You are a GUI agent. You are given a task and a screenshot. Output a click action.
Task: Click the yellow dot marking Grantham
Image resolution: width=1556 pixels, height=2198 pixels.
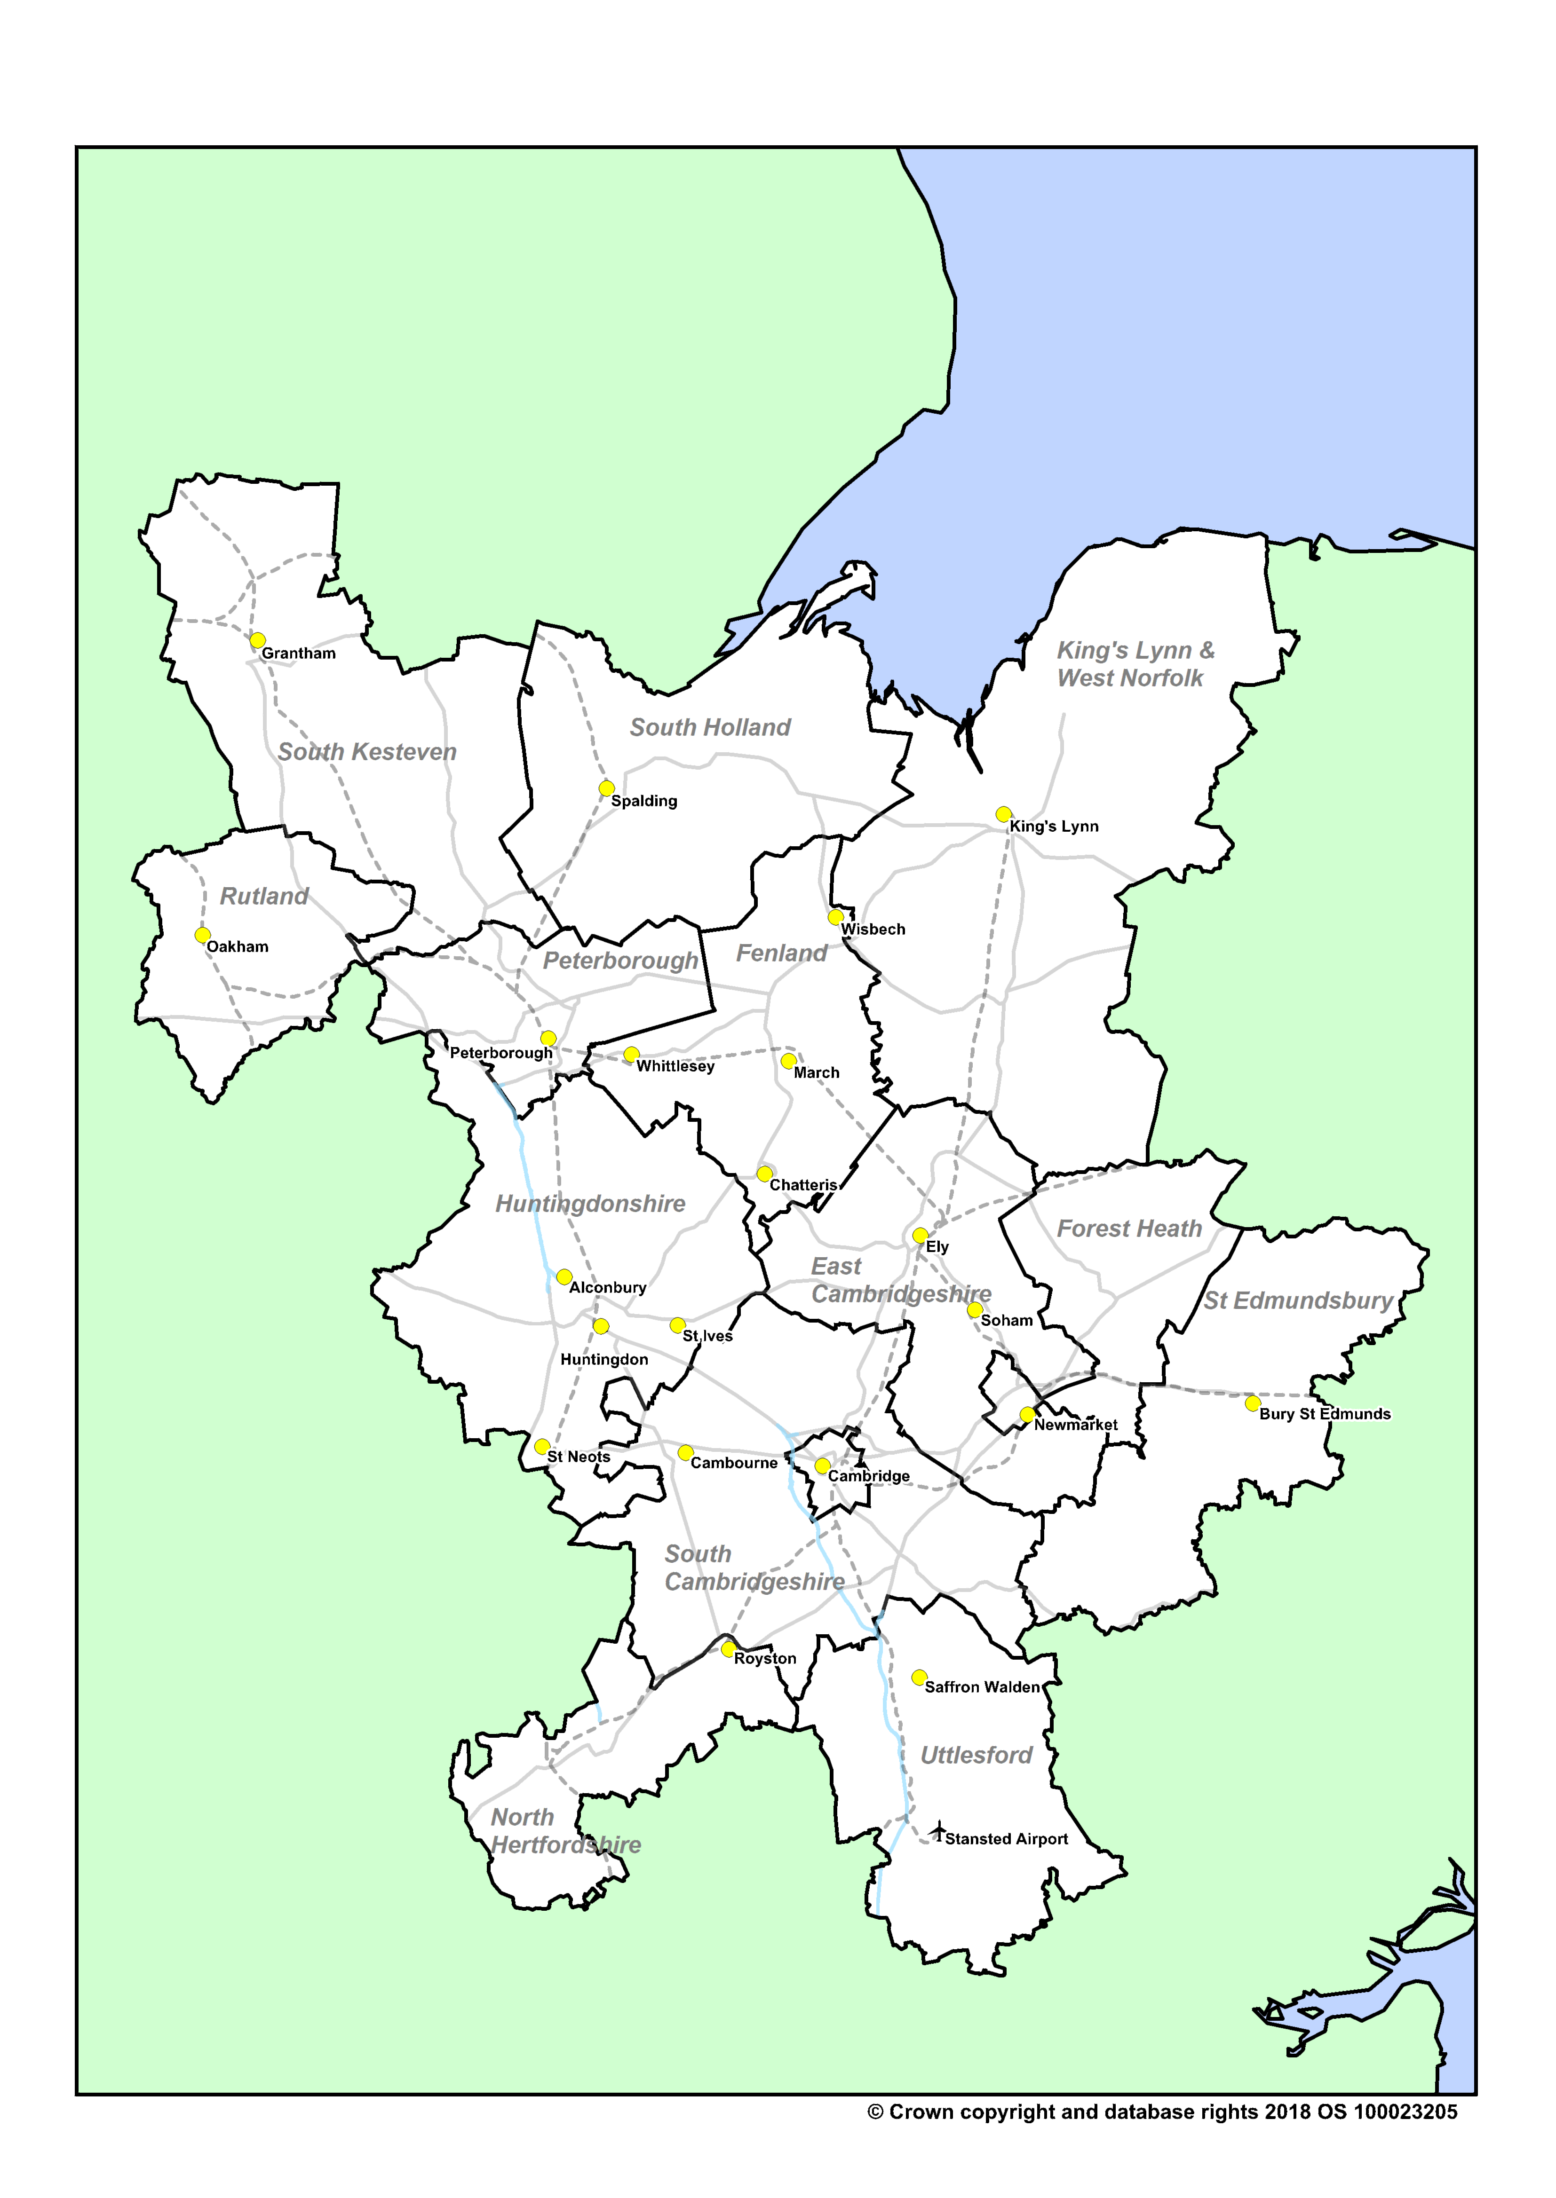pyautogui.click(x=258, y=640)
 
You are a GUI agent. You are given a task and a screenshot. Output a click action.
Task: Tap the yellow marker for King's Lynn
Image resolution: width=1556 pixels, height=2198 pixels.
pyautogui.click(x=1003, y=814)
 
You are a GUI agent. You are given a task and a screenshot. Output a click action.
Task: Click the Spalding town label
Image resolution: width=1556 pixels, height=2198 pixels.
pyautogui.click(x=644, y=801)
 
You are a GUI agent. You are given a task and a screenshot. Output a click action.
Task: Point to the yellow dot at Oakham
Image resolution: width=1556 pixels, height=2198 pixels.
pyautogui.click(x=202, y=935)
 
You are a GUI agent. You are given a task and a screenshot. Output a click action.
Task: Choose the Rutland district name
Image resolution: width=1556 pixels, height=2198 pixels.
pyautogui.click(x=264, y=897)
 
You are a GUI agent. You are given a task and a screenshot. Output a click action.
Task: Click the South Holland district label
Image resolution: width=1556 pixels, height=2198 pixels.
pyautogui.click(x=710, y=728)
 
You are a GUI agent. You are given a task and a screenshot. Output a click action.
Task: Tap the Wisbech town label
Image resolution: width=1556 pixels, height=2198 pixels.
pyautogui.click(x=873, y=929)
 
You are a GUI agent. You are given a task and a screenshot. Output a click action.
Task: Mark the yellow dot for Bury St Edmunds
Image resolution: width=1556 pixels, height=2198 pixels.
pyautogui.click(x=1252, y=1403)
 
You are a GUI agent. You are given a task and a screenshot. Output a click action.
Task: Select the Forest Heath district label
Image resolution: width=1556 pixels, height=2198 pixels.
pyautogui.click(x=1129, y=1229)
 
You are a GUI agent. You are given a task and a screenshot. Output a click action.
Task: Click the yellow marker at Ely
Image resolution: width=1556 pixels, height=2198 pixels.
pyautogui.click(x=920, y=1236)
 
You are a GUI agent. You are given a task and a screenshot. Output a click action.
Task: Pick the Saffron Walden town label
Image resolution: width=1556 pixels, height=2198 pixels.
pyautogui.click(x=982, y=1686)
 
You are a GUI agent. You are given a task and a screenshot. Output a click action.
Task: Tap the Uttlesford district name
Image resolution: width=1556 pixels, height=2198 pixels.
pyautogui.click(x=976, y=1756)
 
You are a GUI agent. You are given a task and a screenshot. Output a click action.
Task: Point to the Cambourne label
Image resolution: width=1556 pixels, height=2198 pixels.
pyautogui.click(x=734, y=1463)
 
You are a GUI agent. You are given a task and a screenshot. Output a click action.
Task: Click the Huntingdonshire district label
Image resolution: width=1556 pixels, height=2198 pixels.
pyautogui.click(x=590, y=1204)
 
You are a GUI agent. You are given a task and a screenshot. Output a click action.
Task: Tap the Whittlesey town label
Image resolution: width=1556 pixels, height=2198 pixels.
pyautogui.click(x=675, y=1066)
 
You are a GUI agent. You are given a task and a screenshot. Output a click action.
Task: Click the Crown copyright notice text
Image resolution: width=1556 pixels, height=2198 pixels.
pyautogui.click(x=1162, y=2112)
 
